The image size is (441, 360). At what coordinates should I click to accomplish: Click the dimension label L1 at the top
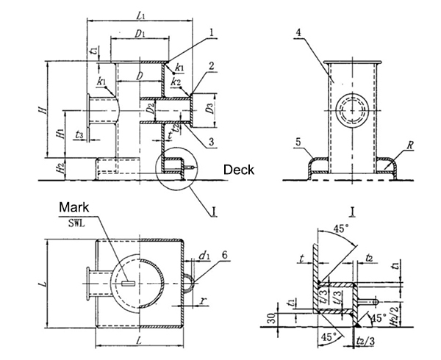pyautogui.click(x=140, y=15)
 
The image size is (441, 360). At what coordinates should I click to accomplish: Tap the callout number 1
pyautogui.click(x=211, y=32)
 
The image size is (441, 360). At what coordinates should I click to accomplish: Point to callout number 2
pyautogui.click(x=211, y=65)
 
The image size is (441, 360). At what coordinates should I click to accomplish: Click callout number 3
pyautogui.click(x=211, y=140)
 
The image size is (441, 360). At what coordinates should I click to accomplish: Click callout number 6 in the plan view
pyautogui.click(x=224, y=254)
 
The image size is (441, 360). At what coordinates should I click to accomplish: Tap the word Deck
pyautogui.click(x=239, y=169)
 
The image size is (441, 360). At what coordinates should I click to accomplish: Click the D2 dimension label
pyautogui.click(x=150, y=109)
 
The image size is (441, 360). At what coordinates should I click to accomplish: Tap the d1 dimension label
pyautogui.click(x=203, y=256)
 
